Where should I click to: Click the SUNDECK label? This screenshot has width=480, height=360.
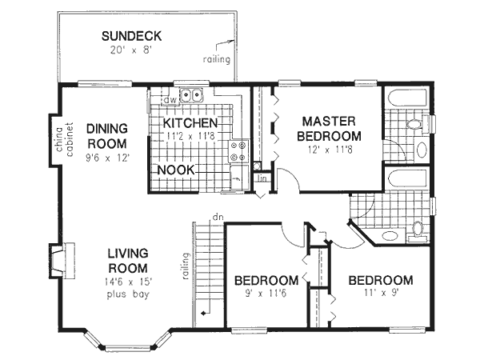pos(133,36)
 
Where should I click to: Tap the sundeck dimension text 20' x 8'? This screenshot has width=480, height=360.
pos(133,49)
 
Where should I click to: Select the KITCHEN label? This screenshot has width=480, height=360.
pos(190,123)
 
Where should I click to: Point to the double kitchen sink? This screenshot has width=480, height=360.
pos(190,96)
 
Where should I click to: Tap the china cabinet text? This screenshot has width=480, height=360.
pos(64,138)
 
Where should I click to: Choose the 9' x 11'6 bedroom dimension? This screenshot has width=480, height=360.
pos(266,295)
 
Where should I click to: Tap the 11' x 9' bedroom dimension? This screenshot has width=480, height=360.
pos(380,295)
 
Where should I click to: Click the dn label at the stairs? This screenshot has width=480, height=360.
pos(217,216)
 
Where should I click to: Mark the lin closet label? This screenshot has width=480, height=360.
pos(261,178)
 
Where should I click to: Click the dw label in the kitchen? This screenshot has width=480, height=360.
pos(170,100)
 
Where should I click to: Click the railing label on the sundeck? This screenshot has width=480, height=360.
pos(216,60)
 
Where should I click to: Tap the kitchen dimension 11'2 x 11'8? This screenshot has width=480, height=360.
pos(190,137)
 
